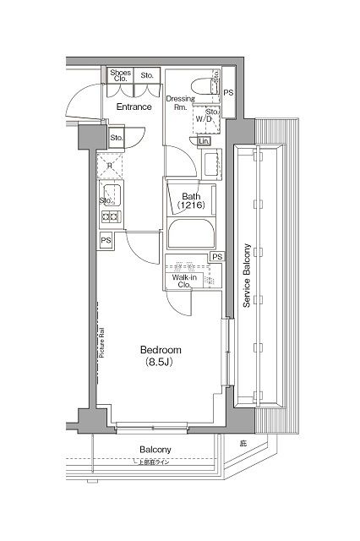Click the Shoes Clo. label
[x=120, y=77]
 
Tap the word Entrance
[x=134, y=107]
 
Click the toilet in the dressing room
[x=203, y=86]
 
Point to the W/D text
[x=205, y=119]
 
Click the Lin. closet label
[x=205, y=141]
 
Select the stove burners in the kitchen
[x=110, y=217]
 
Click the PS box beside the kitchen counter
[x=106, y=241]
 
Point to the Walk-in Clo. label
[x=185, y=281]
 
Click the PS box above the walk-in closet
[x=217, y=257]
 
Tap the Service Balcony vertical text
[x=247, y=277]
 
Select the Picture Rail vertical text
[x=101, y=343]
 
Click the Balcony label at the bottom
[x=155, y=450]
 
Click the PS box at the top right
[x=228, y=91]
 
